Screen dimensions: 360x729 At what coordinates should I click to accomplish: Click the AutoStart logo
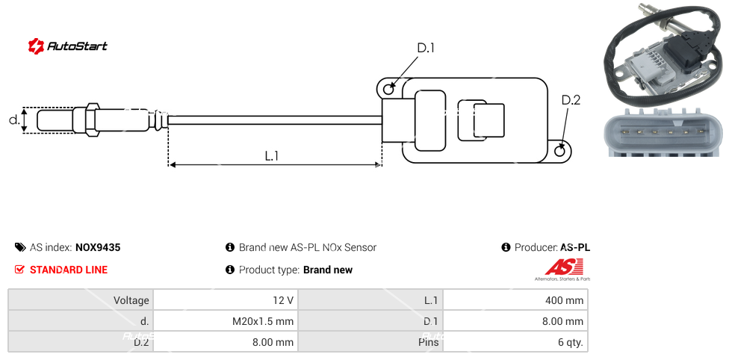67,46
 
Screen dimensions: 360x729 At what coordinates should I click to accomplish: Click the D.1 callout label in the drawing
425,49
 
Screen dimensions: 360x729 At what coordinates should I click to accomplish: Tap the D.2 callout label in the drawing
571,100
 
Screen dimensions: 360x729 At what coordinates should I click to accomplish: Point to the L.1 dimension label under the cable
272,155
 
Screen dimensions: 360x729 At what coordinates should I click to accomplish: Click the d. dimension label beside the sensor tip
13,120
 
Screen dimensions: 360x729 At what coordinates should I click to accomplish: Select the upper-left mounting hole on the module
388,90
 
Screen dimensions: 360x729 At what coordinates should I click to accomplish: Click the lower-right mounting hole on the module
561,151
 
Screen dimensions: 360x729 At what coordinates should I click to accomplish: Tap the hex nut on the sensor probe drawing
93,120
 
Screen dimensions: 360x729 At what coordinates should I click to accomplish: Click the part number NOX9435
98,247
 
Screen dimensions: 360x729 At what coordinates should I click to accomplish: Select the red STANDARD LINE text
69,270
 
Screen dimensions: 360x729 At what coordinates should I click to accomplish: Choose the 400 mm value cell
515,300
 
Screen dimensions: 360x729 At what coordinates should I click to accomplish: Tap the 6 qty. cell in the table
515,343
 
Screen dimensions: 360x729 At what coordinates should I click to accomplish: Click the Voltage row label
81,300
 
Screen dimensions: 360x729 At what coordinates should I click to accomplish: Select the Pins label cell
370,343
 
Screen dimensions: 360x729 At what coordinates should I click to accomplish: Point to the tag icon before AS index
20,247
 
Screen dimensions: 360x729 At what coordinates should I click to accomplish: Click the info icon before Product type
230,270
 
